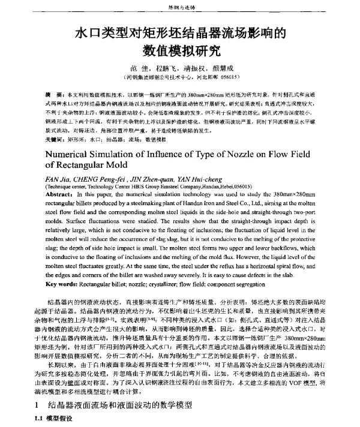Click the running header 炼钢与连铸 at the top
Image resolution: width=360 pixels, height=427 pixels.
179,7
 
